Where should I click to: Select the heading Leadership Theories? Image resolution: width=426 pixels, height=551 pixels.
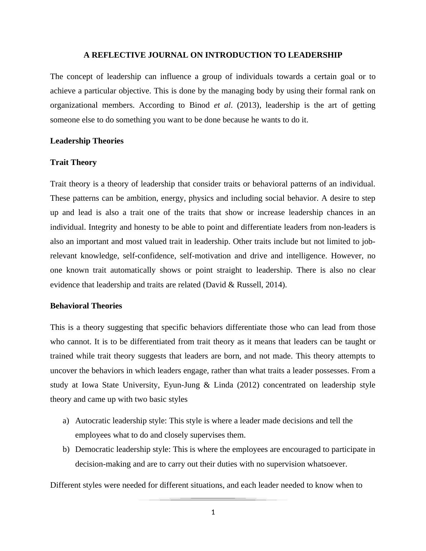click(x=87, y=141)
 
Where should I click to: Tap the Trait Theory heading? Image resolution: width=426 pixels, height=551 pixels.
click(x=73, y=162)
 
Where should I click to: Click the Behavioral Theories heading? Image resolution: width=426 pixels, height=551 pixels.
click(x=86, y=306)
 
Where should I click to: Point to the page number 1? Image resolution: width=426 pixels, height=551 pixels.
click(x=213, y=512)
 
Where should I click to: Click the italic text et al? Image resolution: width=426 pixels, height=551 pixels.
click(x=223, y=105)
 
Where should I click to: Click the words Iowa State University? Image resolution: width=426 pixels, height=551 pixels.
click(x=120, y=385)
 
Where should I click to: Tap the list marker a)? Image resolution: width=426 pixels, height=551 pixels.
click(x=66, y=421)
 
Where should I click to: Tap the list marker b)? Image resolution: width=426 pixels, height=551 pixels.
click(x=66, y=449)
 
